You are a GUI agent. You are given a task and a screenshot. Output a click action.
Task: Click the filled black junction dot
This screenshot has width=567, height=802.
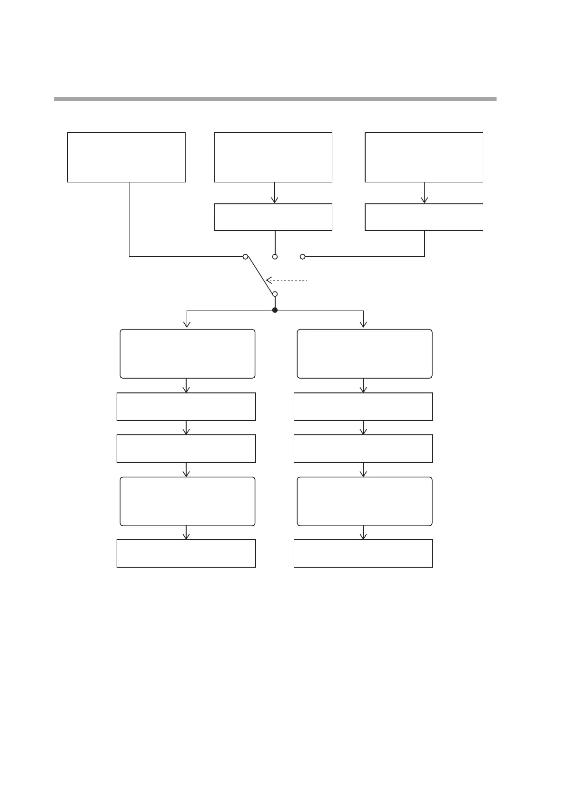(275, 310)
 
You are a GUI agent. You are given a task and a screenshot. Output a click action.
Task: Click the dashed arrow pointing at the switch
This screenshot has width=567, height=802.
(287, 280)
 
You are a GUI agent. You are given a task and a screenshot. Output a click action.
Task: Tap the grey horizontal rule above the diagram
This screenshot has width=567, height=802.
(275, 99)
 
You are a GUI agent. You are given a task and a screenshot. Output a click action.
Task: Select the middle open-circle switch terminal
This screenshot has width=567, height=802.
(275, 257)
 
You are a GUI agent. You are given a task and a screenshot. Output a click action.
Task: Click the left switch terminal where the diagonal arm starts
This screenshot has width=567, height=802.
(245, 257)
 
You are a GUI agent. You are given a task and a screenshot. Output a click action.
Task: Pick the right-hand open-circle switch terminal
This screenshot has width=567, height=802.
(302, 257)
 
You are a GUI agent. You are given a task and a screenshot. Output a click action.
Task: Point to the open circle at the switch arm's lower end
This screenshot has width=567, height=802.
(275, 294)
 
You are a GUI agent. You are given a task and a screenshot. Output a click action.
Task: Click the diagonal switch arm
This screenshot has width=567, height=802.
(260, 275)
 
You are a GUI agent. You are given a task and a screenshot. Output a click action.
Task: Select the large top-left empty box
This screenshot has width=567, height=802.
(126, 157)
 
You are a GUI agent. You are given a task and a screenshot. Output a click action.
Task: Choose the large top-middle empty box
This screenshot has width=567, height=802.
(273, 157)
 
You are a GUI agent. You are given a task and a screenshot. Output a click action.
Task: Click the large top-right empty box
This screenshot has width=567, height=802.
(424, 157)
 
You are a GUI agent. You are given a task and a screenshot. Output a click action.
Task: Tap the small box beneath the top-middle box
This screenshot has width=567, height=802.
(273, 217)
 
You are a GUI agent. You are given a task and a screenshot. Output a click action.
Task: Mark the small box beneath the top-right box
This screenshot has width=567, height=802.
(424, 217)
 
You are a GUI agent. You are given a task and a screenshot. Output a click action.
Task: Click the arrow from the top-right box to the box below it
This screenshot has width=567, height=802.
(424, 193)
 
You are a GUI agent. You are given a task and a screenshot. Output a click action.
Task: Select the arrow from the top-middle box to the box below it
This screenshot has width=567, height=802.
(275, 193)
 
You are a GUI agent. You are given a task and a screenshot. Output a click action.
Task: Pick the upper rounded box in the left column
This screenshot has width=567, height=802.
(187, 353)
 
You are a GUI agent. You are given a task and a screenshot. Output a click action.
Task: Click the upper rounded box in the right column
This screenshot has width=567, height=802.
(364, 353)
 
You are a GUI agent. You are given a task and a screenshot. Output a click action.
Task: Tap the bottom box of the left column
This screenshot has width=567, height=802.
(186, 553)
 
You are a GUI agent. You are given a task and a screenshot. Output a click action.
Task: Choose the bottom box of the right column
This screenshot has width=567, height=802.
(363, 553)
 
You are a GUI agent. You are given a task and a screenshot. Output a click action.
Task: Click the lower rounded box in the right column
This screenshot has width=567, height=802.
(364, 501)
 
